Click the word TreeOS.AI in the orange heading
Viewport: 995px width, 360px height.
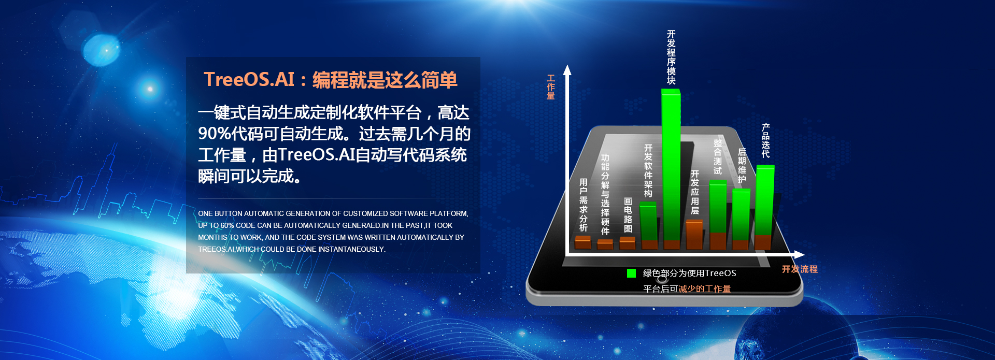pos(249,80)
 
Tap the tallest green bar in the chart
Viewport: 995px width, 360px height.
pos(671,165)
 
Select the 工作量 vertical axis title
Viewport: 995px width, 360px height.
pos(551,87)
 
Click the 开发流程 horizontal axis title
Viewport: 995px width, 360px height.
pos(800,269)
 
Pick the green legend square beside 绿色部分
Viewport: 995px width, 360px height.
pos(631,273)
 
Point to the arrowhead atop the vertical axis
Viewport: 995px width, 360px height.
pos(567,70)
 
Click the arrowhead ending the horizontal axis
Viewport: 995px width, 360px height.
pos(799,255)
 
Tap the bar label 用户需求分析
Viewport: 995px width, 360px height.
pos(584,205)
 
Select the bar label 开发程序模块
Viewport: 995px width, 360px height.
pos(671,57)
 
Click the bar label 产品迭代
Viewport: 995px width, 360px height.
pos(765,140)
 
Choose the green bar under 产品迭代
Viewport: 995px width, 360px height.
pos(765,200)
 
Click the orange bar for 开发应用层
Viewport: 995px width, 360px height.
pos(694,234)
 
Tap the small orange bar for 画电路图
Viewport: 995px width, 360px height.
pos(628,243)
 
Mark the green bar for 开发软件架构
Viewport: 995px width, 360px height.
pos(648,221)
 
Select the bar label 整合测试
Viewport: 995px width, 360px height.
pos(718,156)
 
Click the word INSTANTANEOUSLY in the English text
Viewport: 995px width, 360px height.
pos(351,249)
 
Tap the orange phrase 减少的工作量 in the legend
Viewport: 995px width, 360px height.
pos(705,289)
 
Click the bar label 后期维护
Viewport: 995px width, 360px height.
pos(742,166)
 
